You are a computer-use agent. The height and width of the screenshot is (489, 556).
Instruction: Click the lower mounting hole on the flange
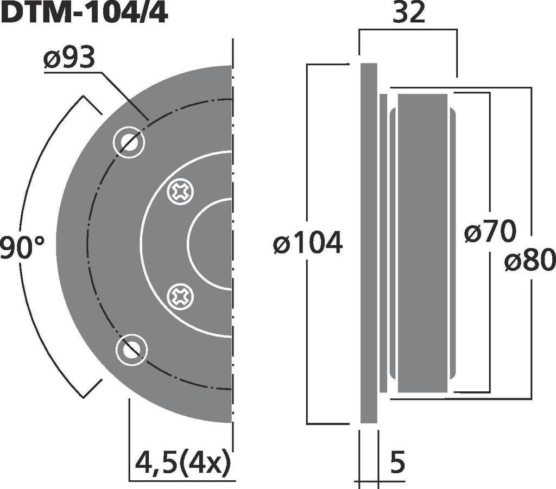(x=130, y=350)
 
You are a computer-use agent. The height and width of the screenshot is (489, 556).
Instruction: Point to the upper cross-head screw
(x=180, y=192)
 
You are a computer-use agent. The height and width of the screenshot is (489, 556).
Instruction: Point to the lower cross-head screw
(x=180, y=296)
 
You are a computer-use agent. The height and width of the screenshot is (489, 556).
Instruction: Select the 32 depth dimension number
(x=409, y=13)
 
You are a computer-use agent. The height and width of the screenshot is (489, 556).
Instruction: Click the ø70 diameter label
(x=490, y=233)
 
